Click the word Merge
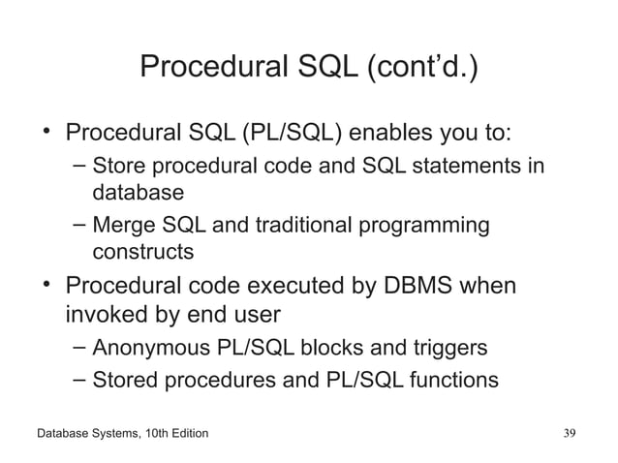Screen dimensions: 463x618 121,227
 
